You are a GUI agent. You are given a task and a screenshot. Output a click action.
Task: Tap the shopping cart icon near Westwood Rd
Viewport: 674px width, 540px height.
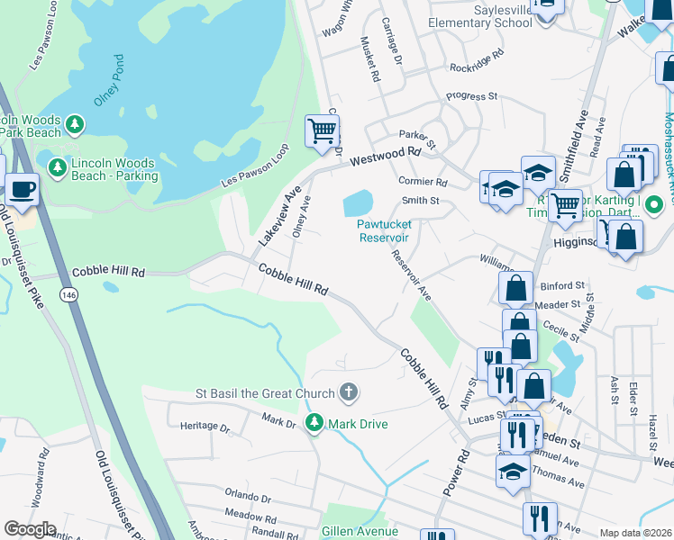(322, 131)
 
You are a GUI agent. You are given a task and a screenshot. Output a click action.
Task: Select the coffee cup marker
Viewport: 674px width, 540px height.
(21, 191)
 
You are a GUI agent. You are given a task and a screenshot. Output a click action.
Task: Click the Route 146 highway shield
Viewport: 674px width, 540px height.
(68, 294)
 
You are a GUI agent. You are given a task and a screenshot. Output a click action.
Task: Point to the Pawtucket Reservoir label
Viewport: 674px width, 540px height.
(385, 230)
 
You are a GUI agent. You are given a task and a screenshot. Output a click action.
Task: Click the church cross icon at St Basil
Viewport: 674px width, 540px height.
(348, 392)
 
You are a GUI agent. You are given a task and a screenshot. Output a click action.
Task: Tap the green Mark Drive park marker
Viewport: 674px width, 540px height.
(314, 422)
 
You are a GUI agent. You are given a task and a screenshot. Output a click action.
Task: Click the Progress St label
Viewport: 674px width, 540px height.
(472, 96)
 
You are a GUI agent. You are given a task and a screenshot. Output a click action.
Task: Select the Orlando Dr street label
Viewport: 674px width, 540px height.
(248, 496)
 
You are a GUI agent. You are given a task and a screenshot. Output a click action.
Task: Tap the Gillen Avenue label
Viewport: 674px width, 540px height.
(360, 531)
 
